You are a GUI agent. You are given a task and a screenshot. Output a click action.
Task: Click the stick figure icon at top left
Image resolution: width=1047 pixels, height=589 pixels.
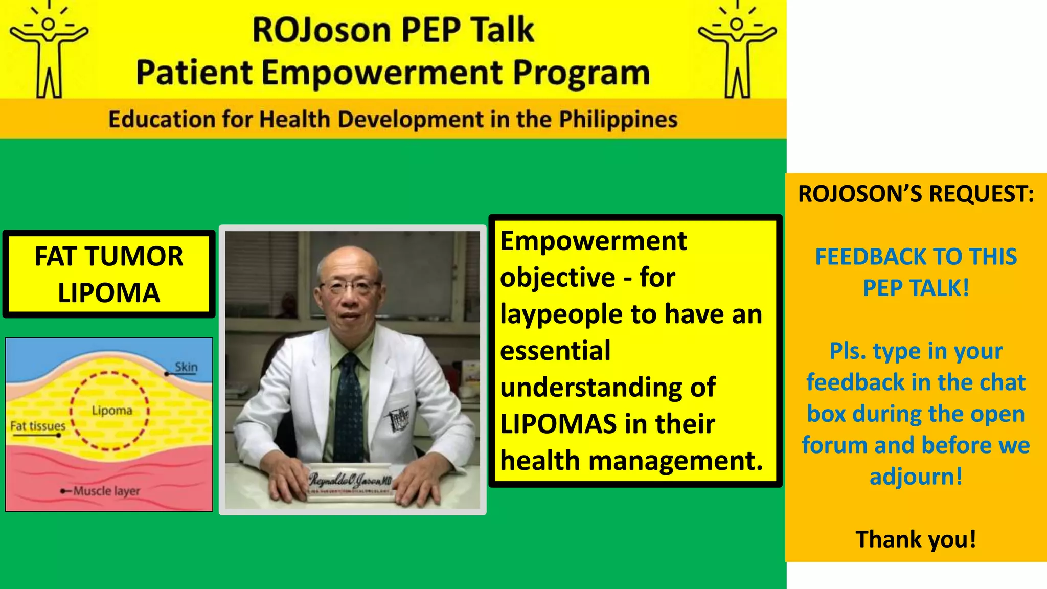49,51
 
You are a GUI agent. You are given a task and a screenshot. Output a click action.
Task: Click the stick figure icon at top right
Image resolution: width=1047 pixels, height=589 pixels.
737,51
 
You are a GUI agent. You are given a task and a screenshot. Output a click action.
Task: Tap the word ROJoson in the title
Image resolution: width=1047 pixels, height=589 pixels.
321,30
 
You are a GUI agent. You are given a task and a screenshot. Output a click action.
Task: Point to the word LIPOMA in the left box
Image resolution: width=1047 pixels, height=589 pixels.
109,293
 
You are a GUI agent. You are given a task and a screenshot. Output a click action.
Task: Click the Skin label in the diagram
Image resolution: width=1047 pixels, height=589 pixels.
186,367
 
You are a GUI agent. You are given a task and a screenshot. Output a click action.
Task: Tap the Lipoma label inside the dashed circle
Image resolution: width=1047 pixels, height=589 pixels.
112,411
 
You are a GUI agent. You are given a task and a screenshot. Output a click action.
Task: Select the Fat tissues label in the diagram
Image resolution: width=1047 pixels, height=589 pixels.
38,426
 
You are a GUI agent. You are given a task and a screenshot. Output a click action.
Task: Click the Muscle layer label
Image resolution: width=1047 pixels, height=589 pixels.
106,491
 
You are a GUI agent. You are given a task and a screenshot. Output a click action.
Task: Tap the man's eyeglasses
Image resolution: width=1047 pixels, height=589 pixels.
350,286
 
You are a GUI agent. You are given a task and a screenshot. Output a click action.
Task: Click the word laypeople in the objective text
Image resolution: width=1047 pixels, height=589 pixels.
561,314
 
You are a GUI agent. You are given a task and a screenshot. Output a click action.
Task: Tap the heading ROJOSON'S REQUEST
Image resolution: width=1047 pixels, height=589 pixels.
916,194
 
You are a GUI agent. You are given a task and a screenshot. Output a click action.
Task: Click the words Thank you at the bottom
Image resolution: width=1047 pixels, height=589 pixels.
916,539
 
